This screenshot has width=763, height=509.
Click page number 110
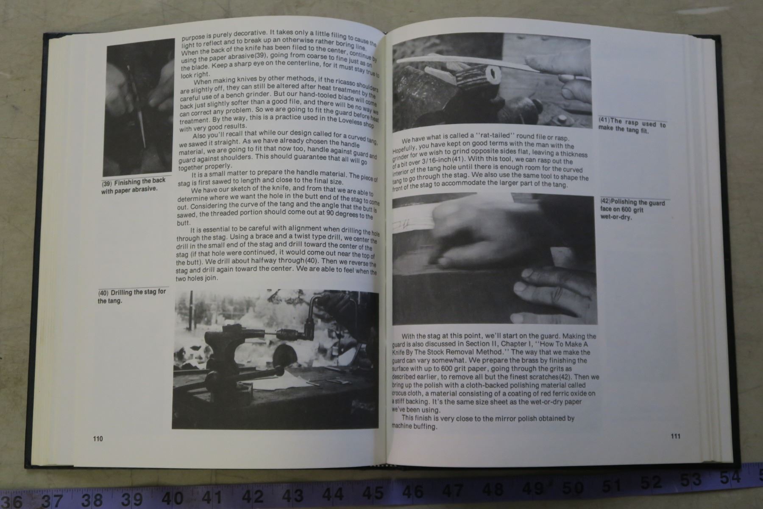[98, 439]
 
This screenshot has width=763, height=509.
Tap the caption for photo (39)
[133, 185]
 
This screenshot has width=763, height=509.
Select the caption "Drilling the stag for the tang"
[132, 296]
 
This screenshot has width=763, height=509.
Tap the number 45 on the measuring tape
[373, 493]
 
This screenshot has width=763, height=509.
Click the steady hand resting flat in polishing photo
[555, 288]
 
